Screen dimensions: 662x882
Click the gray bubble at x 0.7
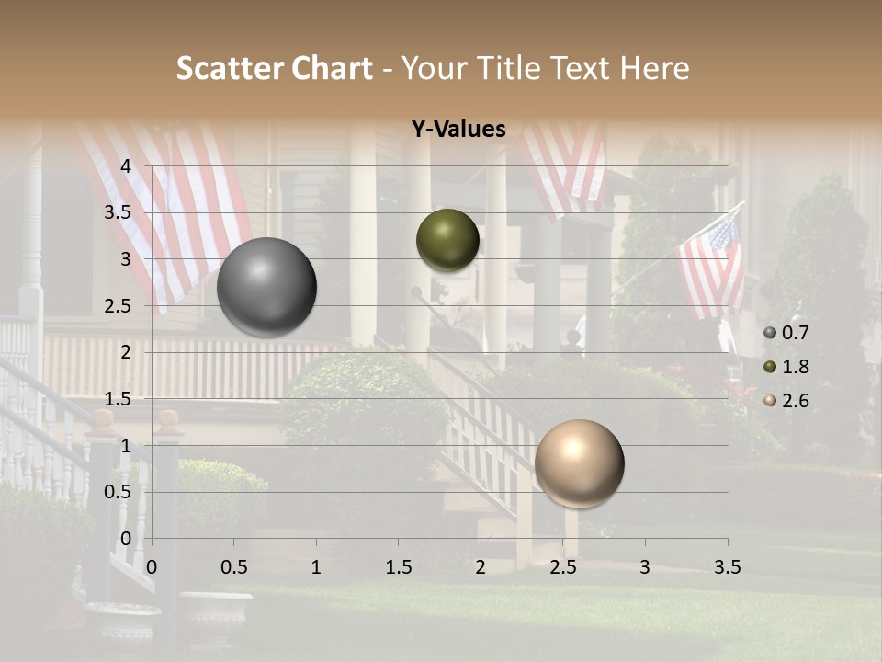pos(266,287)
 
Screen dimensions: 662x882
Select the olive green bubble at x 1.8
pos(447,240)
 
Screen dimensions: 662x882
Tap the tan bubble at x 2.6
pos(579,463)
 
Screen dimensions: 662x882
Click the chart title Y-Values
pos(458,130)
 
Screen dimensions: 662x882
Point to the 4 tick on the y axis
pos(127,166)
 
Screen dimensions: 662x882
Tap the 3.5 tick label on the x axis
pos(727,567)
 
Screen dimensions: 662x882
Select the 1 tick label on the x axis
pos(316,567)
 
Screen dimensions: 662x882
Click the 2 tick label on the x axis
pos(480,567)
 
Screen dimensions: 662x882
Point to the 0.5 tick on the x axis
pos(233,567)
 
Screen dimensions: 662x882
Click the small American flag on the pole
pos(710,267)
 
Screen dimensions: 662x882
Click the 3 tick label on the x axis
pos(644,567)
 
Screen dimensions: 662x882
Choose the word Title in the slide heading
pos(503,68)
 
